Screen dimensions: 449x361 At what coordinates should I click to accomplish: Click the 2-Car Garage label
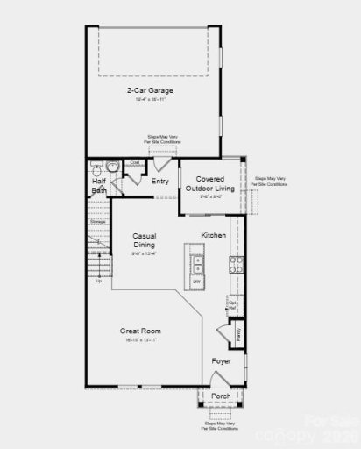click(x=148, y=90)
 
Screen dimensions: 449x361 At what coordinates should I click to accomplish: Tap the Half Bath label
click(x=99, y=185)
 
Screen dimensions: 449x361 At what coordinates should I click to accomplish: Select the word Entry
click(x=159, y=182)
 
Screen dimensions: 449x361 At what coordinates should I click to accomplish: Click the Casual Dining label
click(x=144, y=240)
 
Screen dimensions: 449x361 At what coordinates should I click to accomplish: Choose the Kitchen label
click(x=213, y=235)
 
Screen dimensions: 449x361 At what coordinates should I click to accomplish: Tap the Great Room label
click(x=140, y=331)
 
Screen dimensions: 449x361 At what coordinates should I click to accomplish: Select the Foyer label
click(x=221, y=360)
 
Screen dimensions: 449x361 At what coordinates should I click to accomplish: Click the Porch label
click(x=222, y=396)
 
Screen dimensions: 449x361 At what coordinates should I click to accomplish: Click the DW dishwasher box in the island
click(x=196, y=281)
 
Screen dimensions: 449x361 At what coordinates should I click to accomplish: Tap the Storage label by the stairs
click(x=97, y=222)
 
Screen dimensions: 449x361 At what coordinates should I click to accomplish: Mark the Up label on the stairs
click(x=98, y=281)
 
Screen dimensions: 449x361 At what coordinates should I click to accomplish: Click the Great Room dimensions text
click(x=140, y=339)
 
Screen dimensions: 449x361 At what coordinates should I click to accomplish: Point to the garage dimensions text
click(x=150, y=100)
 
